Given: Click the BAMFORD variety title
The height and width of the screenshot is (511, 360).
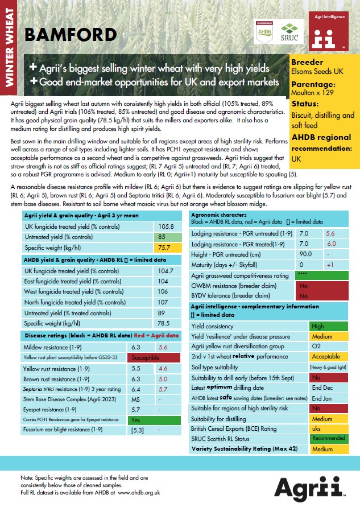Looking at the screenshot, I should pos(70,35).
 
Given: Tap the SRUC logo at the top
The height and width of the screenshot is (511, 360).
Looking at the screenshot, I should pos(292,32).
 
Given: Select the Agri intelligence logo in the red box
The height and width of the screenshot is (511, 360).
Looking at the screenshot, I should pos(328,34).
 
